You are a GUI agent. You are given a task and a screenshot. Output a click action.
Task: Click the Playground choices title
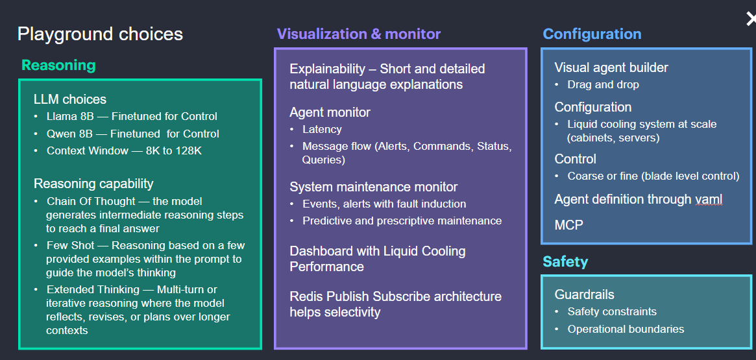point(101,34)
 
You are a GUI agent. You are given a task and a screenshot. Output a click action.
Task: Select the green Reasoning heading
point(59,65)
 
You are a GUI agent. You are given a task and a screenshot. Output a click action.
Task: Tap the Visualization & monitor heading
point(359,34)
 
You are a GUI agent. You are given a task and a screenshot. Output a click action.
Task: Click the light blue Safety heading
point(566,261)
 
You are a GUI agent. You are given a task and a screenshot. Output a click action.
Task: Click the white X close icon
point(751,19)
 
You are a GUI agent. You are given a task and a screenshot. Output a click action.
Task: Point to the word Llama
point(60,116)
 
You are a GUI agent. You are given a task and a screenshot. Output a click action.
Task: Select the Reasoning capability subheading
point(93,184)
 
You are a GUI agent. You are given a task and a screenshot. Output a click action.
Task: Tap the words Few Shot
point(67,245)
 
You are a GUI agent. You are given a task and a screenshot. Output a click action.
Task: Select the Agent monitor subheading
point(330,112)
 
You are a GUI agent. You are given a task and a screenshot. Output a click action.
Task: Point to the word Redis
point(304,296)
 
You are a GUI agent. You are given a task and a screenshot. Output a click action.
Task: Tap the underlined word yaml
point(709,200)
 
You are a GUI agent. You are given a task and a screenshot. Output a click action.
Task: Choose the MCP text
point(568,224)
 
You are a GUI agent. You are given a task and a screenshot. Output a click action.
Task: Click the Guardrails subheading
point(584,294)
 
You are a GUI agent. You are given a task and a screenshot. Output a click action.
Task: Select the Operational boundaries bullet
point(626,329)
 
